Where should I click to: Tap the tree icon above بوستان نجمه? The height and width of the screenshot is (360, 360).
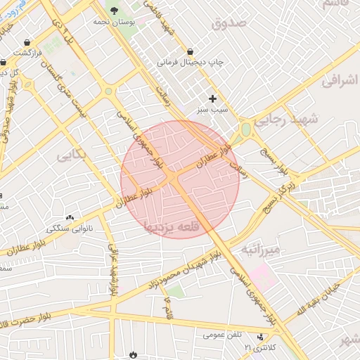[x=114, y=9]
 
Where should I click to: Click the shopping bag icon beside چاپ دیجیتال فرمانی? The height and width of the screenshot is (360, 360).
[x=191, y=51]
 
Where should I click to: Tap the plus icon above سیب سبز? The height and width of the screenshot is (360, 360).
[x=212, y=98]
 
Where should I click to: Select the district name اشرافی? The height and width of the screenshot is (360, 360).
[x=341, y=82]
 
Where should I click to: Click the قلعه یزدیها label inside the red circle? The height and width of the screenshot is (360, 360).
[x=178, y=228]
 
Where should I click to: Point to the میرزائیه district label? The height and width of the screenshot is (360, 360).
[x=260, y=250]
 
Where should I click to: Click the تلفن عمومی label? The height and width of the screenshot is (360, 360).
[x=219, y=335]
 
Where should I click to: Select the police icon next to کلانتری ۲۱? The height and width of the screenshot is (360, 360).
[x=261, y=337]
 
